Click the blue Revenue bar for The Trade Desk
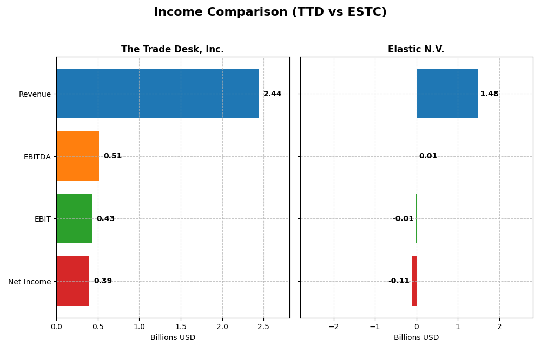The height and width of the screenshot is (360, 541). pyautogui.click(x=157, y=94)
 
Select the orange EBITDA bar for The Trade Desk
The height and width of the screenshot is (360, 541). pyautogui.click(x=77, y=156)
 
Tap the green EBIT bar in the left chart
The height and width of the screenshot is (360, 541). pyautogui.click(x=74, y=218)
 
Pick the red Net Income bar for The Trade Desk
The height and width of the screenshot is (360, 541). pyautogui.click(x=72, y=281)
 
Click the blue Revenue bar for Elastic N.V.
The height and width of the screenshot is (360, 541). pyautogui.click(x=447, y=94)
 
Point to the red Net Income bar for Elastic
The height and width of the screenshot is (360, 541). pyautogui.click(x=414, y=281)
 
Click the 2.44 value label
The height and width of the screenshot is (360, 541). pyautogui.click(x=272, y=94)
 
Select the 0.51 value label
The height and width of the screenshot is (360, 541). pyautogui.click(x=113, y=156)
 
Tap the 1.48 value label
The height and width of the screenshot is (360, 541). pyautogui.click(x=489, y=94)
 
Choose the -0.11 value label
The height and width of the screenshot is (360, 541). pyautogui.click(x=399, y=281)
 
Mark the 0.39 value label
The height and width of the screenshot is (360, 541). pyautogui.click(x=103, y=281)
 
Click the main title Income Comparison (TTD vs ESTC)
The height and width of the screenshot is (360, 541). pyautogui.click(x=270, y=12)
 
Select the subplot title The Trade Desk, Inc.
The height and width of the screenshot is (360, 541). pyautogui.click(x=173, y=50)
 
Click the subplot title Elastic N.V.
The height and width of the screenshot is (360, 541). pyautogui.click(x=416, y=50)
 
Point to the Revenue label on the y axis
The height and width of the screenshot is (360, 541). pyautogui.click(x=35, y=95)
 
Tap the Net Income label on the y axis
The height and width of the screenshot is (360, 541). pyautogui.click(x=30, y=282)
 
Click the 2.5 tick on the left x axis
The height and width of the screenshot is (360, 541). pyautogui.click(x=263, y=326)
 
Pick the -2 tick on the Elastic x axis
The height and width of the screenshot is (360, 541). pyautogui.click(x=333, y=326)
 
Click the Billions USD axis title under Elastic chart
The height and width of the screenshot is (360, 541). pyautogui.click(x=416, y=338)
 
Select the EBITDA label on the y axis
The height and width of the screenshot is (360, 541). pyautogui.click(x=37, y=157)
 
